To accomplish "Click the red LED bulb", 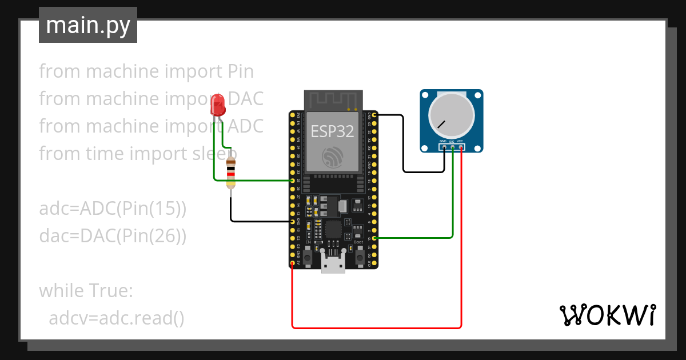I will click(x=218, y=104).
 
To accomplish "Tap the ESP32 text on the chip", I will click(x=332, y=132).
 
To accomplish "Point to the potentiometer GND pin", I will click(x=444, y=147).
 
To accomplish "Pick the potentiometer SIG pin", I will click(x=452, y=147).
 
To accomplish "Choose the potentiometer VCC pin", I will click(x=461, y=147).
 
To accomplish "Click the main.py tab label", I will click(x=88, y=26).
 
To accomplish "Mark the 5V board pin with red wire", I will click(x=293, y=263).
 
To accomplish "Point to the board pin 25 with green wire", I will click(x=293, y=181).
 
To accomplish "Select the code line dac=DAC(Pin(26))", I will click(x=113, y=235).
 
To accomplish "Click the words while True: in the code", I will click(x=86, y=291).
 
